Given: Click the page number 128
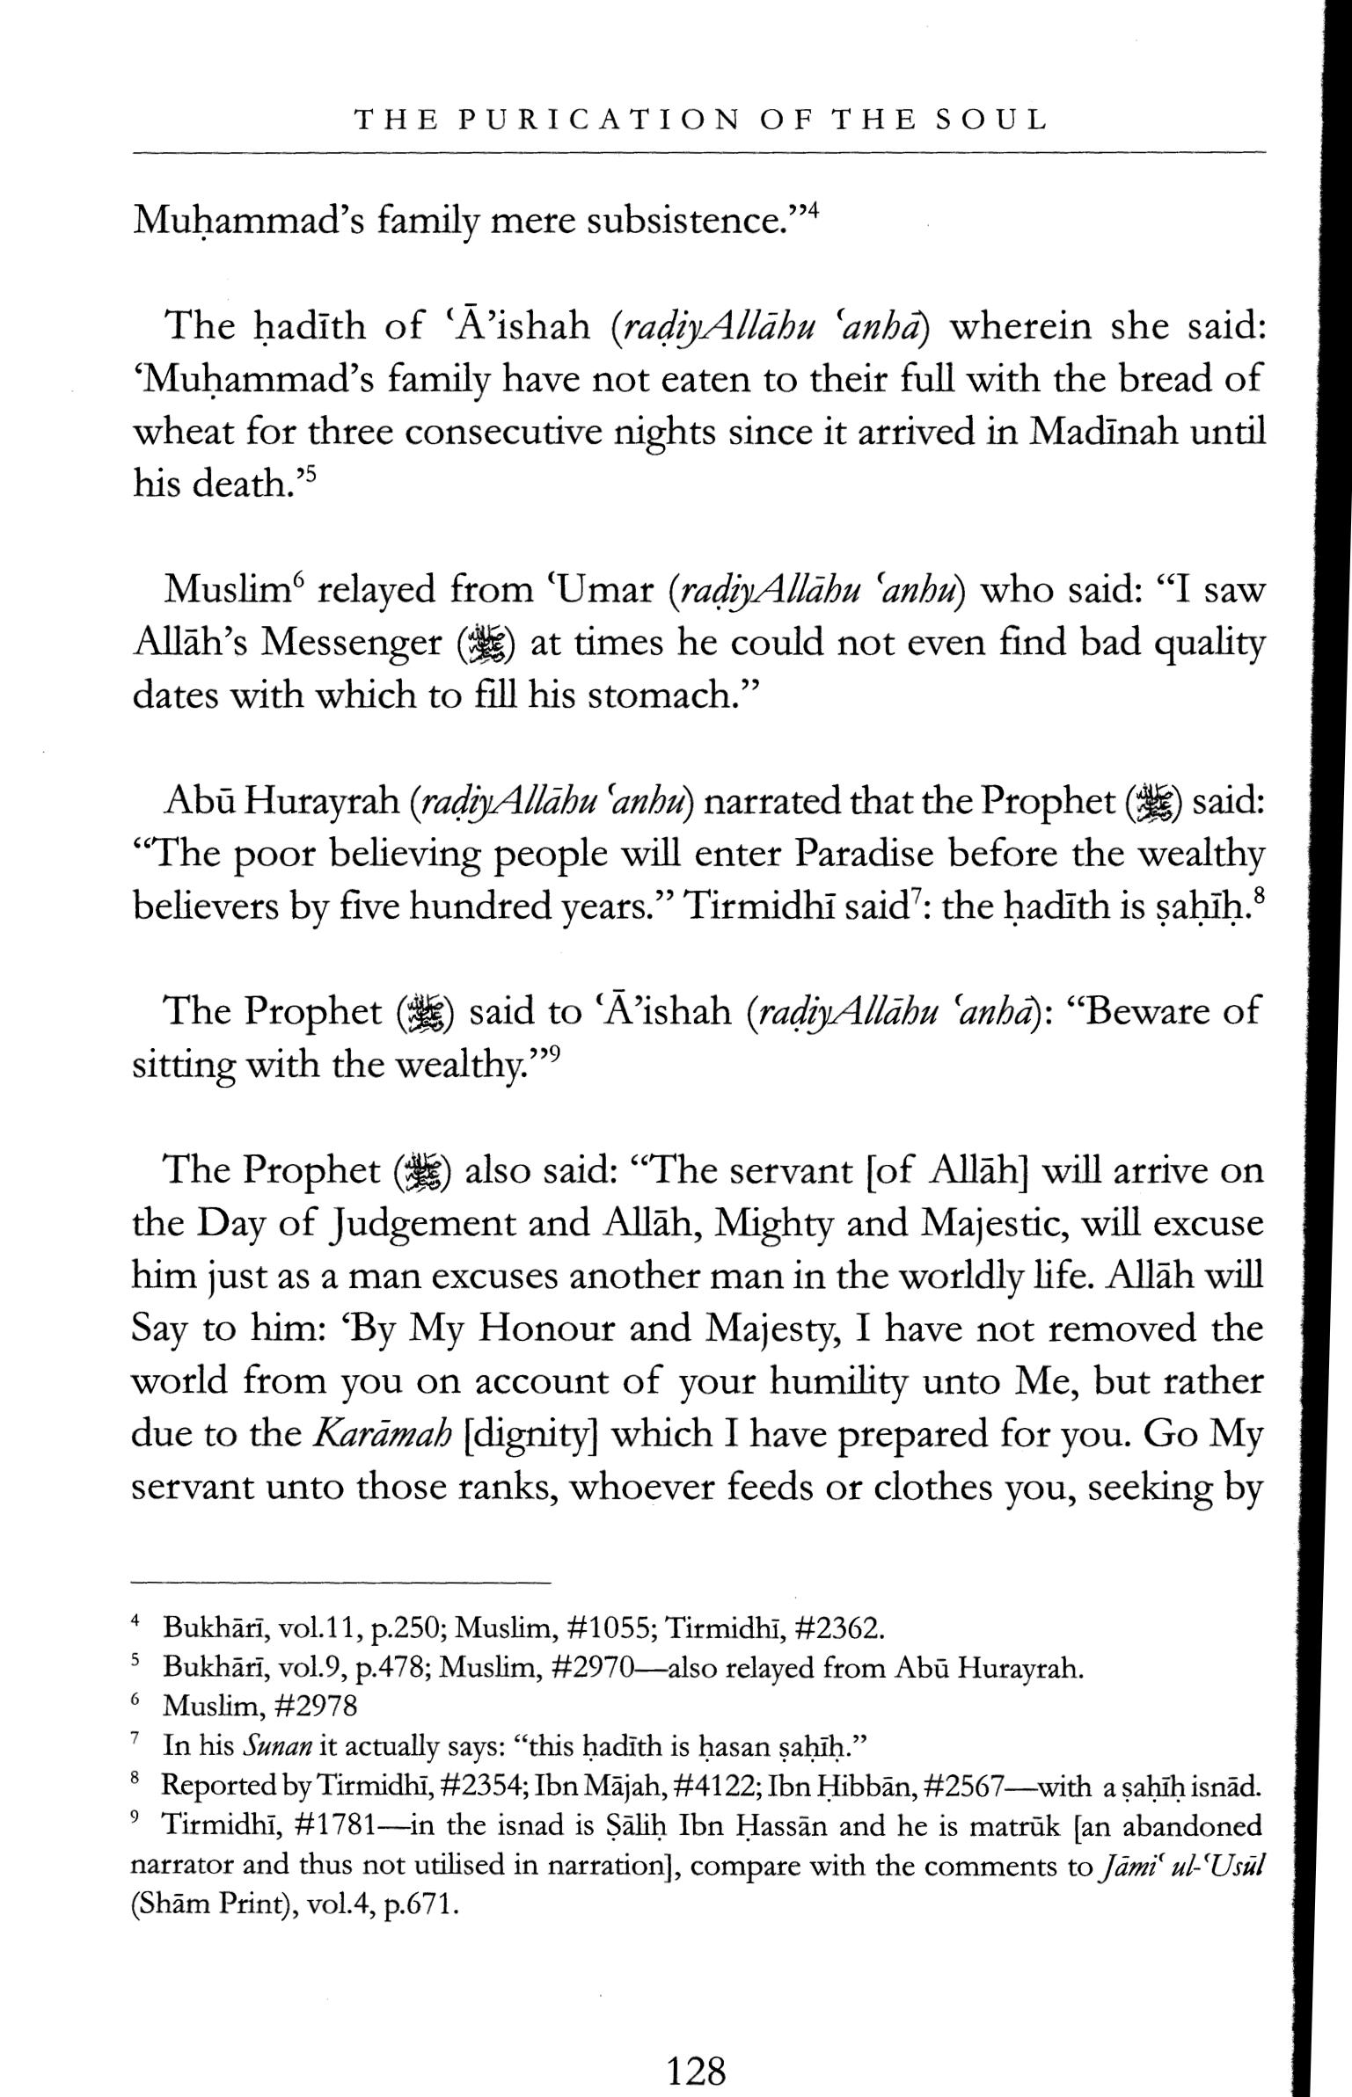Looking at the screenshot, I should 697,2047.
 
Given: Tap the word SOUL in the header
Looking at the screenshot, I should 990,120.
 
